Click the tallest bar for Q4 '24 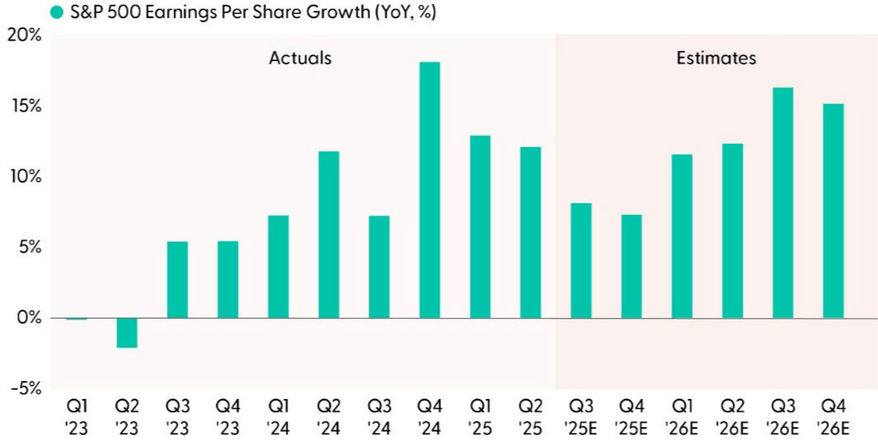430,190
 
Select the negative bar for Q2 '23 126,333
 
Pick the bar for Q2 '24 328,235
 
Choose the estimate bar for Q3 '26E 783,202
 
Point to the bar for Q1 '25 480,226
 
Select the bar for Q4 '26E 833,211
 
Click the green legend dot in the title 56,12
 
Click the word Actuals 300,58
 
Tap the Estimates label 716,58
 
